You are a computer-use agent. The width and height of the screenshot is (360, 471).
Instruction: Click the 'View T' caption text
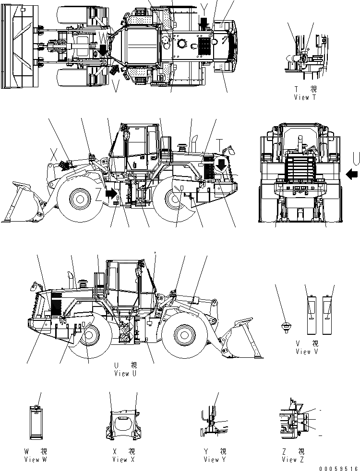pos(305,97)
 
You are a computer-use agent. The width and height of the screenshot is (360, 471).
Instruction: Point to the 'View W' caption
pos(36,459)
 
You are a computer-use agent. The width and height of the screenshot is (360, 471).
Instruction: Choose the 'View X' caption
pos(123,459)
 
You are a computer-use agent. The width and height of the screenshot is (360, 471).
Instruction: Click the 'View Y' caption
pos(214,459)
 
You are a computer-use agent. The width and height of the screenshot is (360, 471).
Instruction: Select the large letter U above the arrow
pos(355,158)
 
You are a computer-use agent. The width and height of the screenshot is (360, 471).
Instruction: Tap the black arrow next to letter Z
pos(110,194)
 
